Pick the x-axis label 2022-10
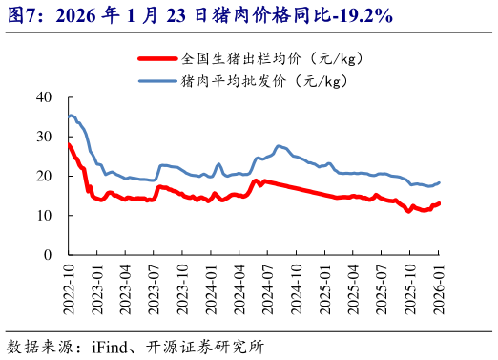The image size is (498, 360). (x=66, y=284)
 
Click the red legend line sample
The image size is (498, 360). (x=157, y=58)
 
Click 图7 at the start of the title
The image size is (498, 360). (x=22, y=16)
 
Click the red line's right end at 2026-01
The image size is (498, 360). (x=439, y=203)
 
